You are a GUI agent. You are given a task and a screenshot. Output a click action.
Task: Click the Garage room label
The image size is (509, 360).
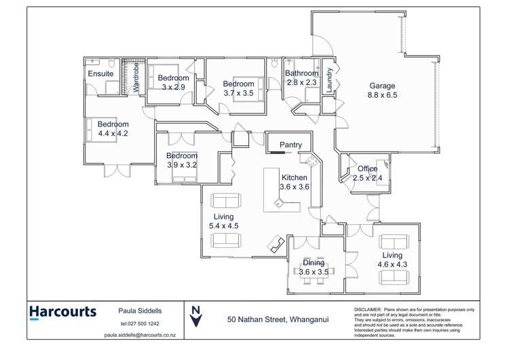382,86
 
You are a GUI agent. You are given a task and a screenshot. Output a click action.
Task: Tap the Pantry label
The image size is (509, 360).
290,145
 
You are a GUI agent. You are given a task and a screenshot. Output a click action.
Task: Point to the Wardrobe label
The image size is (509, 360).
136,77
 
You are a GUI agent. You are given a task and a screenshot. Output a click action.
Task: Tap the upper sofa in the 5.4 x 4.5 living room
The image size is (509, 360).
225,201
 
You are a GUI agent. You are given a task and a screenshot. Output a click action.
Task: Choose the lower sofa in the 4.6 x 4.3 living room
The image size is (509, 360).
394,277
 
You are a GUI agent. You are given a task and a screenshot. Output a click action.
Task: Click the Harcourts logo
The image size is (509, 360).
62,312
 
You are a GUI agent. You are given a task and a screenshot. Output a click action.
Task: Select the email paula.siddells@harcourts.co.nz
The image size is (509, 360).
140,335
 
